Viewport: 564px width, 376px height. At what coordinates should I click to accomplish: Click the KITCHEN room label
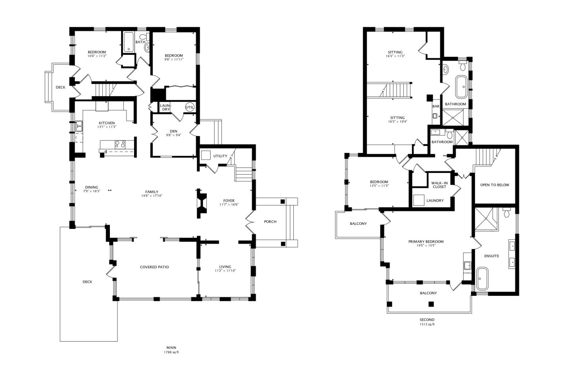(x=107, y=123)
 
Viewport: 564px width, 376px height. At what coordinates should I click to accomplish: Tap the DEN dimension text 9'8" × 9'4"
(x=173, y=135)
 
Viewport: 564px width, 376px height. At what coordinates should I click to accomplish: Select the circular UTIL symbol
(x=190, y=107)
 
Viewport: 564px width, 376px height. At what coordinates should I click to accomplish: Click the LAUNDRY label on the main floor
(x=166, y=107)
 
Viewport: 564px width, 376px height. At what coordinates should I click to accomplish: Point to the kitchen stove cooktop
(x=120, y=144)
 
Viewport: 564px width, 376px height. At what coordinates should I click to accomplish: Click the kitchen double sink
(x=79, y=126)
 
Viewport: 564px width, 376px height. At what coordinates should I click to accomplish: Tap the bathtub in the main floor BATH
(x=129, y=42)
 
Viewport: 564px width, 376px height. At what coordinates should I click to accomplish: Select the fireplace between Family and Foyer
(x=201, y=203)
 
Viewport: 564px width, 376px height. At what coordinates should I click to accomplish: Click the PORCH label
(x=270, y=221)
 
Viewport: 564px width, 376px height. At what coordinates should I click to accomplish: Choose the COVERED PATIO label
(x=154, y=267)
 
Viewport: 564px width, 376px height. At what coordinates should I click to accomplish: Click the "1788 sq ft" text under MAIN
(x=171, y=352)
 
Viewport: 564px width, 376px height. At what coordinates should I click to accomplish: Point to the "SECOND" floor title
(x=427, y=320)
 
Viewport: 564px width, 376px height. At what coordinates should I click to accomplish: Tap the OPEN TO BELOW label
(x=495, y=185)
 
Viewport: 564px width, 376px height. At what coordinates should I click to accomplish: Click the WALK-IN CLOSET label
(x=440, y=185)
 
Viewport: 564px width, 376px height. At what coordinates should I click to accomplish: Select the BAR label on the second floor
(x=436, y=106)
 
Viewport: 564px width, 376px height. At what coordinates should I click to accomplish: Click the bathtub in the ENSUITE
(x=482, y=279)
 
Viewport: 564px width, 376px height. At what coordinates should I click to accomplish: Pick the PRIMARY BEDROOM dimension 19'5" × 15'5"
(x=426, y=245)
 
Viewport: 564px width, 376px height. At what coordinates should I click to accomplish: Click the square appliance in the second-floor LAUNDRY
(x=419, y=200)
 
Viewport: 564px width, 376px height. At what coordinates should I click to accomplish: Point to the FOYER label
(x=229, y=201)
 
